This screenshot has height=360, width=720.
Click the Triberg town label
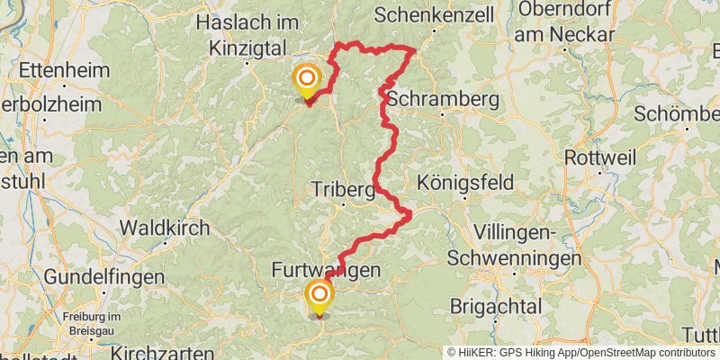point(342,190)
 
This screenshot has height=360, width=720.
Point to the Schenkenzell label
point(428,15)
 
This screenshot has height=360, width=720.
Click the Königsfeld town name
point(465,183)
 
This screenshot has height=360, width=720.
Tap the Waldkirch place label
point(164,228)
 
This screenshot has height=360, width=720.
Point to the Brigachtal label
point(497,306)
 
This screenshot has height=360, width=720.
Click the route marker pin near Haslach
point(307,81)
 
